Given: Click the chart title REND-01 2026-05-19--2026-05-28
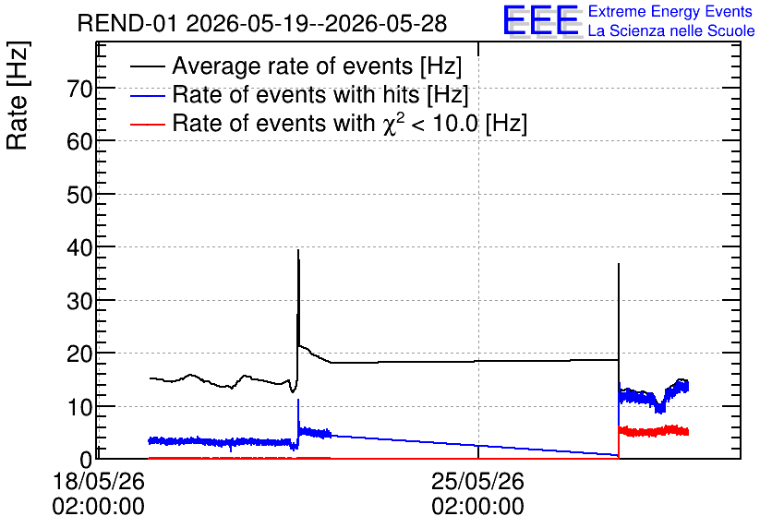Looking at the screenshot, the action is click(262, 23).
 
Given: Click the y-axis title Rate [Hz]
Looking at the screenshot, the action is click(18, 95).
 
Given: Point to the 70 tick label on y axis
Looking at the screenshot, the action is click(79, 90).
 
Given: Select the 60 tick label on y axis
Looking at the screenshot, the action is click(79, 142).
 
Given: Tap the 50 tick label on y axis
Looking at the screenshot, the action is click(79, 196).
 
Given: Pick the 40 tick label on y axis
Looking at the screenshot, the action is click(79, 248).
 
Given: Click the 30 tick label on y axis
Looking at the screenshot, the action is click(79, 301).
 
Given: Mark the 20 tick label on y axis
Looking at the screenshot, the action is click(79, 354).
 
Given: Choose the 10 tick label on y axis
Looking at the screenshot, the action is click(79, 407).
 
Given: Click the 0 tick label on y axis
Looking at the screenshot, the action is click(86, 460).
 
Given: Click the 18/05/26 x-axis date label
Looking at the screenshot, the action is click(99, 481).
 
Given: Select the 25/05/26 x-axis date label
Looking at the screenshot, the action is click(477, 481).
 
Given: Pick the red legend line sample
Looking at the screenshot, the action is click(148, 124).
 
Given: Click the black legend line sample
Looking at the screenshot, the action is click(148, 66).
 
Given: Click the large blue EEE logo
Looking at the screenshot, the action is click(541, 20).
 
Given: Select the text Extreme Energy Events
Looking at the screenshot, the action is click(670, 11).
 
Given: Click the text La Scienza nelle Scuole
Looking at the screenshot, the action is click(671, 30).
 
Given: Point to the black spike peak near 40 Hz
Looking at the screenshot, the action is click(298, 250).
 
